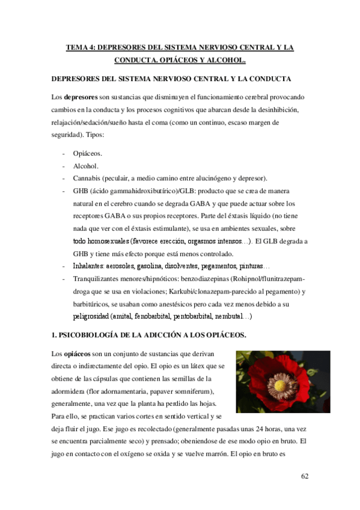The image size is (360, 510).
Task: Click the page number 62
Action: [x=304, y=477]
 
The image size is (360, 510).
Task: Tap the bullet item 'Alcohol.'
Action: [x=87, y=165]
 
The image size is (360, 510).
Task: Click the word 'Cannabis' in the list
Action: [x=89, y=178]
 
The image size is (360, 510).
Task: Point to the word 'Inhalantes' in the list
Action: [x=93, y=266]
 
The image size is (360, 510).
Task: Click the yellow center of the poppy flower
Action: [x=279, y=383]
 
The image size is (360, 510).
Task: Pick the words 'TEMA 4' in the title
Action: [x=79, y=47]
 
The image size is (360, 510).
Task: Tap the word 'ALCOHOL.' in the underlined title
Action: [x=225, y=60]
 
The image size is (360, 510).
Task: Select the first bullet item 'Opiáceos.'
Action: [x=88, y=153]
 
